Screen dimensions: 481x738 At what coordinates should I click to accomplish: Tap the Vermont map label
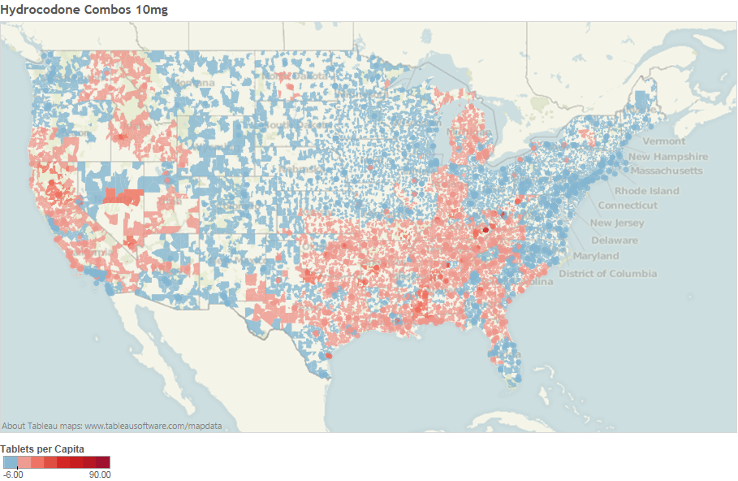point(663,141)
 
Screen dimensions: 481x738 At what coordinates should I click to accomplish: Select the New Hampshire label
point(667,157)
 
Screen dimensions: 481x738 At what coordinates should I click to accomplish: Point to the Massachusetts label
point(666,171)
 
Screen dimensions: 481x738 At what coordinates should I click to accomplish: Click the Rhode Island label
point(646,192)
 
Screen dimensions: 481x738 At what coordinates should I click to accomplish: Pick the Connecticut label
point(628,206)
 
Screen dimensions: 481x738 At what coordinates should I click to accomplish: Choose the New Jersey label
point(617,223)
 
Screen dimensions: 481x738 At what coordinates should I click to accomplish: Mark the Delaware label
point(614,240)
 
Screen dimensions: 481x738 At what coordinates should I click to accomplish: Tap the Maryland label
point(595,257)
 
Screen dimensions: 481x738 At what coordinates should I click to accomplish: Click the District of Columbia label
point(607,274)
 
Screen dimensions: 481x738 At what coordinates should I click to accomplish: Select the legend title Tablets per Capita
point(42,448)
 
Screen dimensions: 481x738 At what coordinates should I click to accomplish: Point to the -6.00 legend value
point(12,474)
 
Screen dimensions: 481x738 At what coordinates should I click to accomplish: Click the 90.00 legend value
point(100,474)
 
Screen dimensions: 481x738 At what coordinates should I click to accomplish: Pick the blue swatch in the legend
point(10,462)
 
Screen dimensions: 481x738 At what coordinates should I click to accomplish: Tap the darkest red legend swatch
point(103,462)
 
